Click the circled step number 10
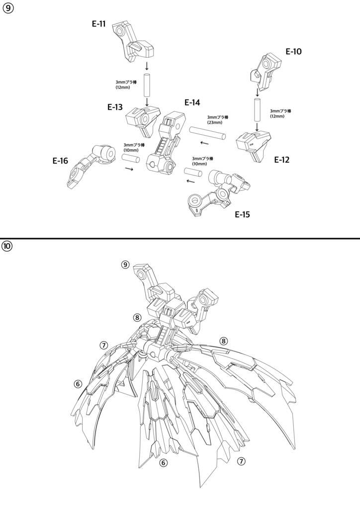pyautogui.click(x=7, y=246)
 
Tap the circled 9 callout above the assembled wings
pyautogui.click(x=125, y=264)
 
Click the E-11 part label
pyautogui.click(x=98, y=24)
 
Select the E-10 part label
pyautogui.click(x=293, y=51)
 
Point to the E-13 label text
pyautogui.click(x=115, y=107)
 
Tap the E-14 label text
pyautogui.click(x=192, y=102)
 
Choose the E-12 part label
pyautogui.click(x=282, y=160)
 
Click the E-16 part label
pyautogui.click(x=60, y=161)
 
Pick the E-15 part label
pyautogui.click(x=243, y=214)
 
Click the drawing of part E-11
pyautogui.click(x=133, y=41)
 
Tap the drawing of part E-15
pyautogui.click(x=219, y=193)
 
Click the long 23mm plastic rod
pyautogui.click(x=207, y=133)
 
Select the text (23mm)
pyautogui.click(x=215, y=122)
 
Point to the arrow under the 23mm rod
pyautogui.click(x=204, y=143)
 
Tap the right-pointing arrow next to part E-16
pyautogui.click(x=129, y=169)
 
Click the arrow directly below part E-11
pyautogui.click(x=147, y=66)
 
